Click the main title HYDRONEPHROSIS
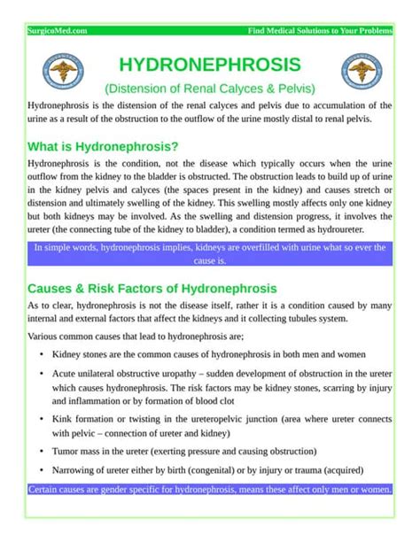click(209, 66)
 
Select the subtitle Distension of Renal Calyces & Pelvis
click(209, 89)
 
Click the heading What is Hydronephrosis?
click(104, 146)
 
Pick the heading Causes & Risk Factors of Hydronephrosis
click(152, 289)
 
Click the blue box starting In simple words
click(209, 254)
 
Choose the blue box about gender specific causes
click(209, 490)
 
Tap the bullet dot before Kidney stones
click(42, 354)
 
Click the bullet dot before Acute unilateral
click(42, 374)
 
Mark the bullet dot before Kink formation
click(42, 417)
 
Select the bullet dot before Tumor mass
click(42, 451)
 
